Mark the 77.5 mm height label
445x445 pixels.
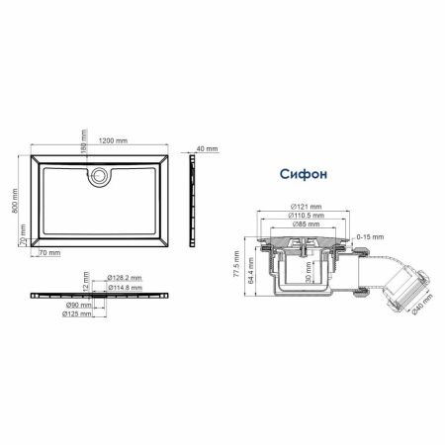(x=236, y=264)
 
